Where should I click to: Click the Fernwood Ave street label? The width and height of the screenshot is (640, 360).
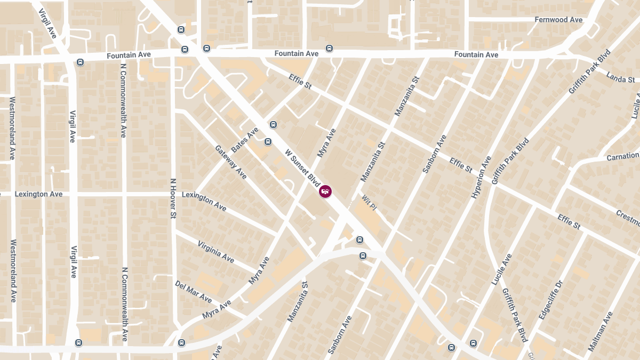pyautogui.click(x=558, y=20)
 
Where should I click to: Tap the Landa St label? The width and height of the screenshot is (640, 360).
pyautogui.click(x=620, y=77)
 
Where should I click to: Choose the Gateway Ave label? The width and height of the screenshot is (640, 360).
pyautogui.click(x=230, y=162)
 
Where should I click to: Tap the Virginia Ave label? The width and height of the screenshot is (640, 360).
pyautogui.click(x=215, y=251)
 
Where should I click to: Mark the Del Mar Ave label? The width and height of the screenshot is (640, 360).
pyautogui.click(x=193, y=292)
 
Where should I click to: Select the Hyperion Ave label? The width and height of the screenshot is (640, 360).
pyautogui.click(x=481, y=178)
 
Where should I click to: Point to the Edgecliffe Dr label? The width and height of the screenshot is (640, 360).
pyautogui.click(x=551, y=300)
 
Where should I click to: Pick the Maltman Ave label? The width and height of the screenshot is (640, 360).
pyautogui.click(x=601, y=331)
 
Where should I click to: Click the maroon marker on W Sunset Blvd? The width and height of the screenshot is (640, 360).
pyautogui.click(x=325, y=191)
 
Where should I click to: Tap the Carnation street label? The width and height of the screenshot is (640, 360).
pyautogui.click(x=622, y=157)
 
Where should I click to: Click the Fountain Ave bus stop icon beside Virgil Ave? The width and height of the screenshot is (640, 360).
pyautogui.click(x=80, y=62)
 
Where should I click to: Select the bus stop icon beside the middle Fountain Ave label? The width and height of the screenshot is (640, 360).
pyautogui.click(x=330, y=49)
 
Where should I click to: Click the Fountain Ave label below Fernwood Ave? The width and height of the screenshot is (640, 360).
pyautogui.click(x=476, y=55)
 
